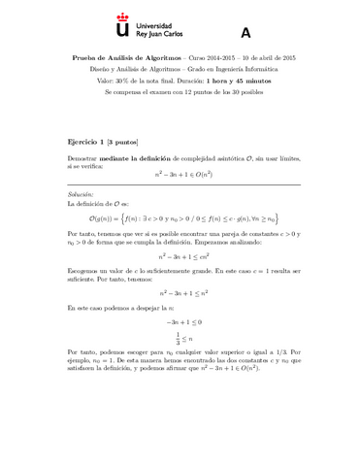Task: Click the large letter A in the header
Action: tap(245, 32)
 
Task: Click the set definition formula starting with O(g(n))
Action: tap(180, 219)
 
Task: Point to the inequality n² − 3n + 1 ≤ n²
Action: tap(180, 289)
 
